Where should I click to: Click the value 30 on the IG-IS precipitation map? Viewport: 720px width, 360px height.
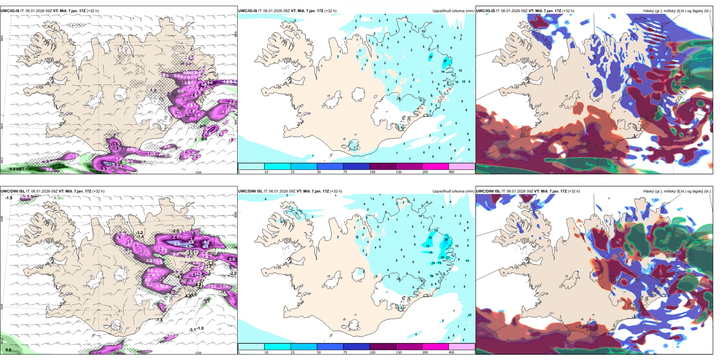445,61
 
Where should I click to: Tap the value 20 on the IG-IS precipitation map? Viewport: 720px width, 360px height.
430,57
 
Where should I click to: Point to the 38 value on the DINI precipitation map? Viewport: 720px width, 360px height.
446,239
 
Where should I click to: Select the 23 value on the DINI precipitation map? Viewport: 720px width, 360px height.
430,238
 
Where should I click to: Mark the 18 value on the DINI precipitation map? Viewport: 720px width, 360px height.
428,246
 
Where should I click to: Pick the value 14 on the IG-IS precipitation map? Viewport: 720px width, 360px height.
443,72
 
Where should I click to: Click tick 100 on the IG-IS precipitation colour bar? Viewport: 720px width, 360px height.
373,172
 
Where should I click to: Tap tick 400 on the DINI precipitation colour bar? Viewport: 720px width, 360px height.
451,352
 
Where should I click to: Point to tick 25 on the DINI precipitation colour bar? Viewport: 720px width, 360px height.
293,352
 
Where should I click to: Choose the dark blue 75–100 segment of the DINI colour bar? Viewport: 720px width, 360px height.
356,347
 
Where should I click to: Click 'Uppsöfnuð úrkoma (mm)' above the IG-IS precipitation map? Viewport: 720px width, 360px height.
453,11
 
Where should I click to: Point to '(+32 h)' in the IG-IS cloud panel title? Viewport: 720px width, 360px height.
568,11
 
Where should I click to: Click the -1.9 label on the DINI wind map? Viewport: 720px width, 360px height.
9,198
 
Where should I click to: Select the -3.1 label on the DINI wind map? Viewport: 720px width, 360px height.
193,330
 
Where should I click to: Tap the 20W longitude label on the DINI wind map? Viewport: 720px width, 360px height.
99,353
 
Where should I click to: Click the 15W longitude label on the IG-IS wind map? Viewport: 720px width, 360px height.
198,172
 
